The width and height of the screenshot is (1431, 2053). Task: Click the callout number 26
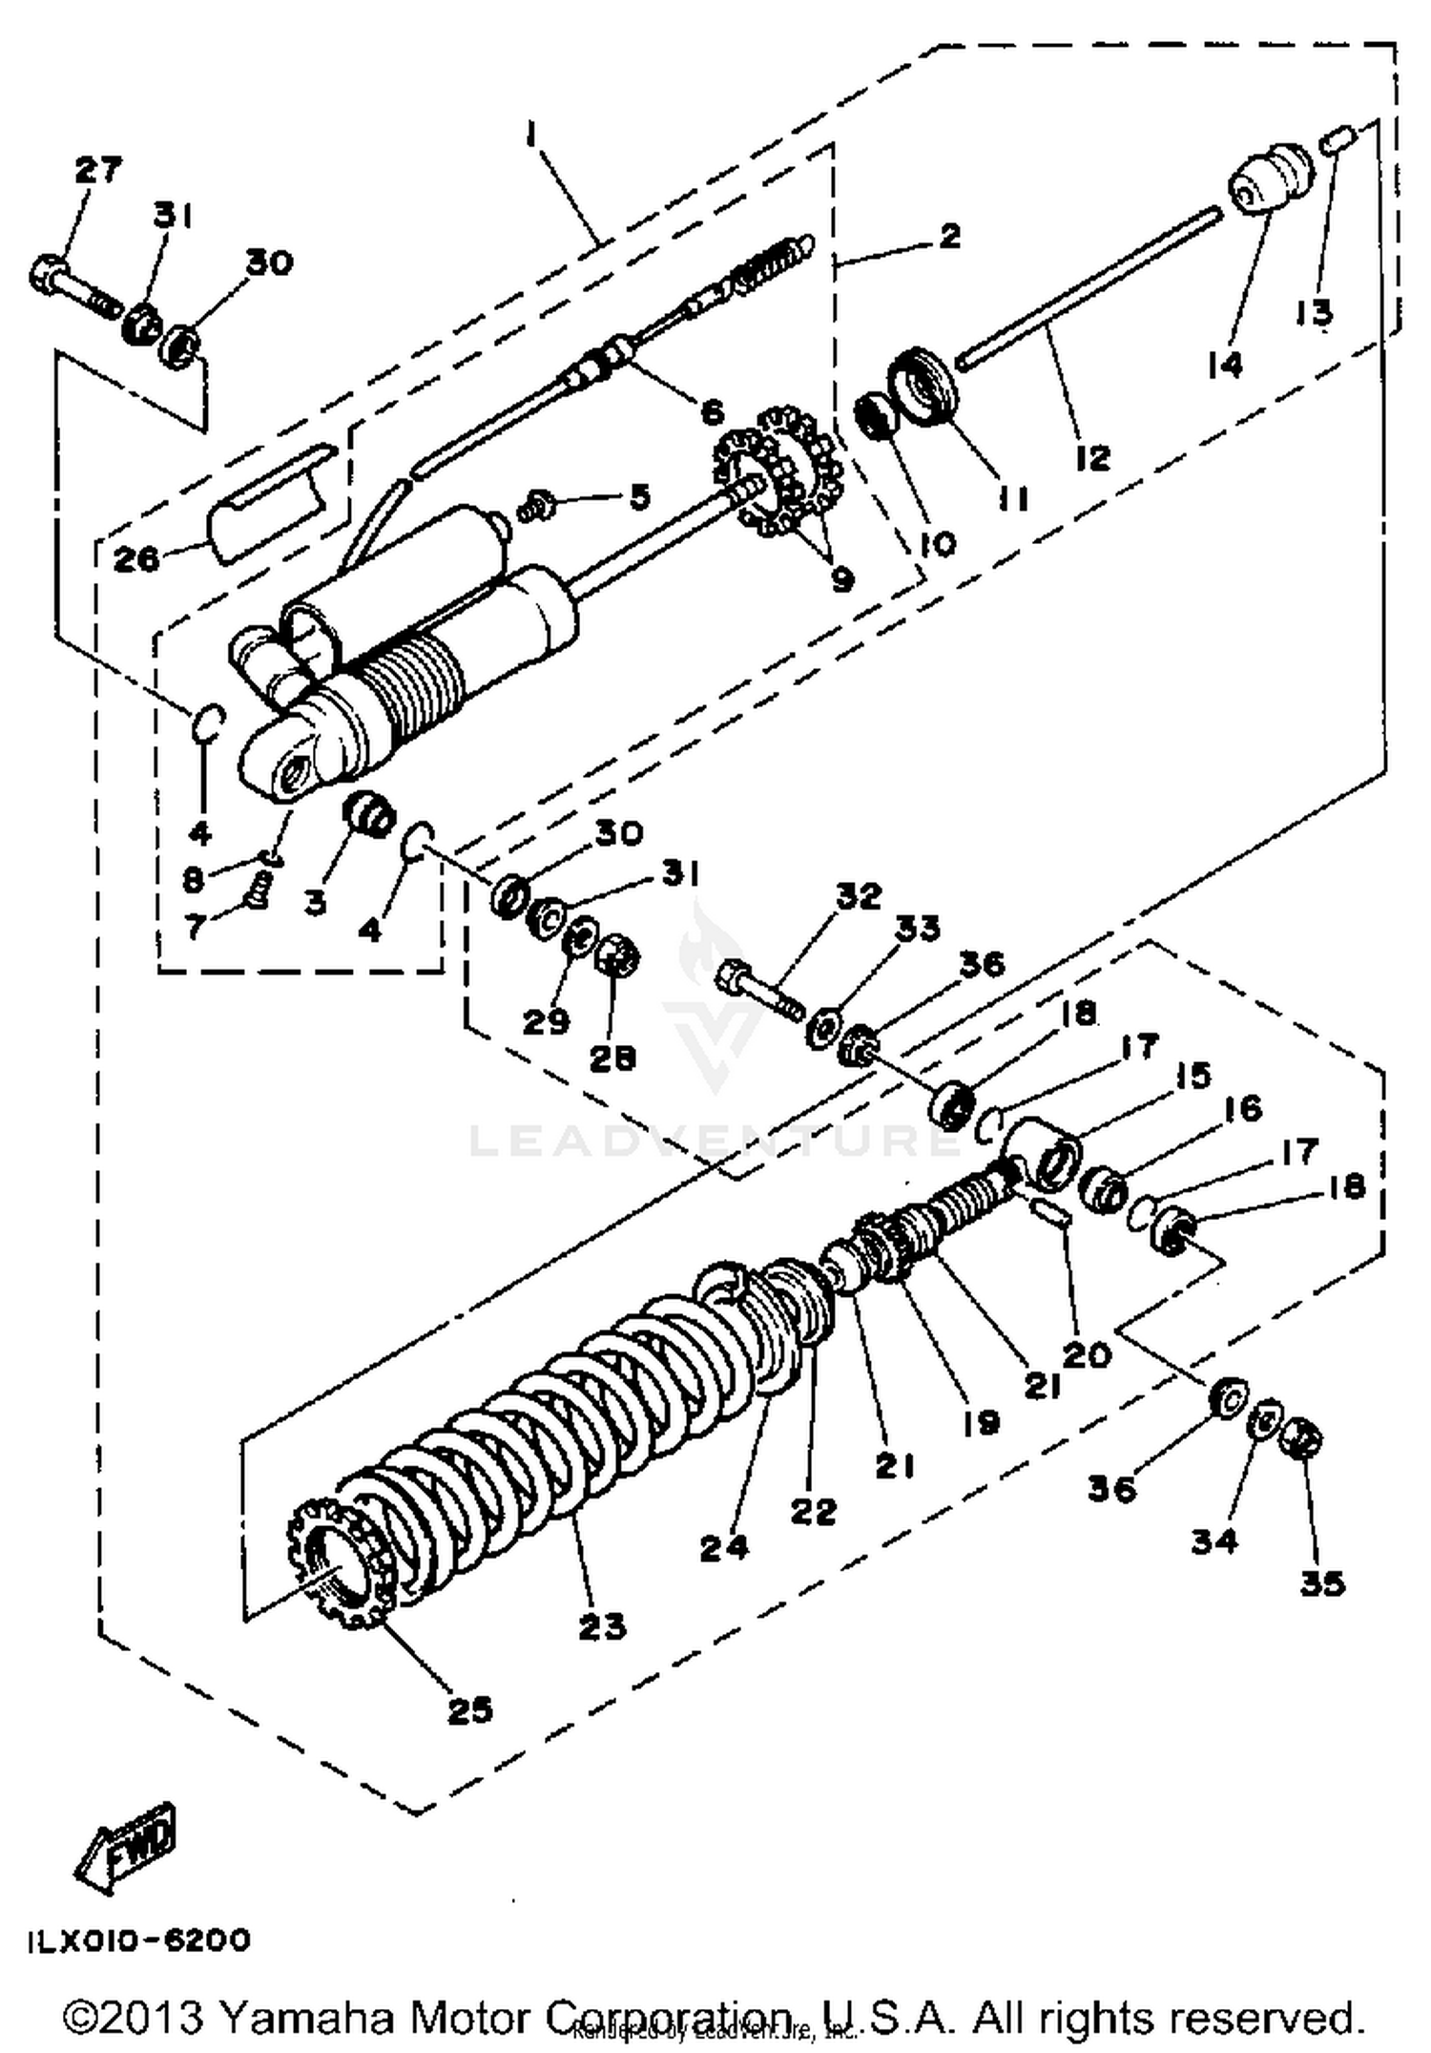135,558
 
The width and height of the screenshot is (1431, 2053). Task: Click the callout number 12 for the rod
1093,457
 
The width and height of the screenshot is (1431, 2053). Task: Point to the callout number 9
842,577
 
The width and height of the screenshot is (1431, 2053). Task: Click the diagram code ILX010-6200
139,1940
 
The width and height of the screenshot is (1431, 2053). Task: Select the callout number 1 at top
530,135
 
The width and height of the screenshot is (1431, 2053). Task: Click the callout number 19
980,1422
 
